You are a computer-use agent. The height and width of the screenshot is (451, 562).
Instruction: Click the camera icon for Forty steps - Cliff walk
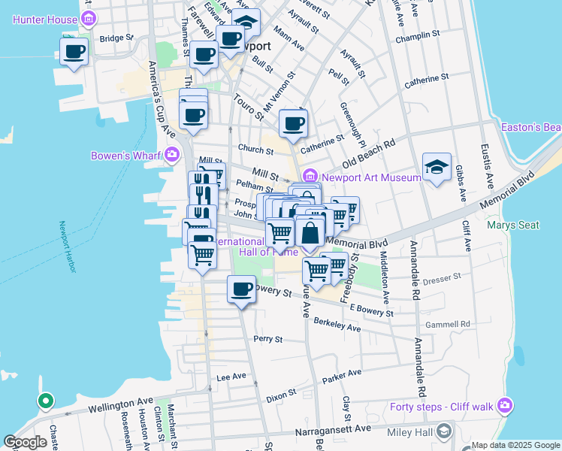pyautogui.click(x=505, y=407)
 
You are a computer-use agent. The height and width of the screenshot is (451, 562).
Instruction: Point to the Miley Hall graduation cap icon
pyautogui.click(x=444, y=430)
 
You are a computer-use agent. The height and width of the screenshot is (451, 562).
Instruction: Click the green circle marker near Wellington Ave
pyautogui.click(x=45, y=401)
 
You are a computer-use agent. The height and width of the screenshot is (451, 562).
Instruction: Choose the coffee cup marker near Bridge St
pyautogui.click(x=74, y=52)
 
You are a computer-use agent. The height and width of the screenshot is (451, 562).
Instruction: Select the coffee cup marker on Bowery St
pyautogui.click(x=241, y=289)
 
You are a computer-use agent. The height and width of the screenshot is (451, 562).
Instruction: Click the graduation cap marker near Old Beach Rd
pyautogui.click(x=437, y=168)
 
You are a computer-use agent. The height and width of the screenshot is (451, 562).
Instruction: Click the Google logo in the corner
pyautogui.click(x=26, y=442)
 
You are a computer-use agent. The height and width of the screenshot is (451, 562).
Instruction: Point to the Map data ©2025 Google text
pyautogui.click(x=516, y=445)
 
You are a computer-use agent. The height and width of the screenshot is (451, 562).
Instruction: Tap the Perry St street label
pyautogui.click(x=267, y=339)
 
